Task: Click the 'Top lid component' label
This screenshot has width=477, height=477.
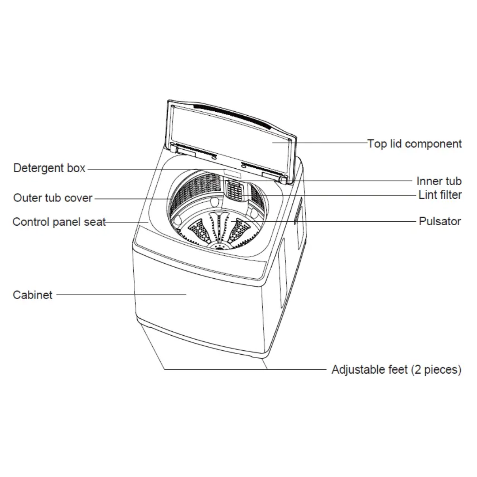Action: pyautogui.click(x=414, y=144)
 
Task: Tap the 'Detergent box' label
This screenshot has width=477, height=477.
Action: pyautogui.click(x=49, y=168)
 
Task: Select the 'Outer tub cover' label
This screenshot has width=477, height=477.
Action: pyautogui.click(x=53, y=198)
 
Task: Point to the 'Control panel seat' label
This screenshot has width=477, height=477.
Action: pyautogui.click(x=59, y=222)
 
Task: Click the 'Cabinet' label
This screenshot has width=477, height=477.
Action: pyautogui.click(x=33, y=295)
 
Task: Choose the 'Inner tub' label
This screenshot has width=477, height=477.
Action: pyautogui.click(x=439, y=181)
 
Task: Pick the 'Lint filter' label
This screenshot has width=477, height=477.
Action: pyautogui.click(x=440, y=195)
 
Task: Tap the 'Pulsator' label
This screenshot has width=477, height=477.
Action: pyautogui.click(x=440, y=221)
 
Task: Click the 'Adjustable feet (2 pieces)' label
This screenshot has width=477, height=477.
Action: pyautogui.click(x=396, y=370)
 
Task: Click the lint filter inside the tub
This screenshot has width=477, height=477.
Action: pyautogui.click(x=236, y=190)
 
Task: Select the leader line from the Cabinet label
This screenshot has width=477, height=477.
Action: pyautogui.click(x=121, y=295)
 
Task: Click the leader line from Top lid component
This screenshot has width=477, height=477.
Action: pyautogui.click(x=320, y=142)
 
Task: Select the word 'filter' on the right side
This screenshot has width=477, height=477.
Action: pyautogui.click(x=449, y=195)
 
